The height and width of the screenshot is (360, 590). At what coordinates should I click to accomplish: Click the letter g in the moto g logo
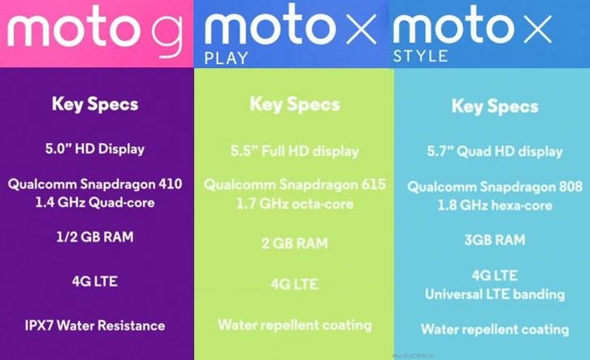pos(167,36)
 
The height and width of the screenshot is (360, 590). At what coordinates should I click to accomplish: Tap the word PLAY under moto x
pos(226,59)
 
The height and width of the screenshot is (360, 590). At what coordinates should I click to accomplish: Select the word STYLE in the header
pos(420,56)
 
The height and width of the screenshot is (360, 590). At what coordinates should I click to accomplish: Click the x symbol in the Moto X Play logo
pos(361,28)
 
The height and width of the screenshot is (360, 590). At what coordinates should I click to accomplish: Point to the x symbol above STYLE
pos(538,28)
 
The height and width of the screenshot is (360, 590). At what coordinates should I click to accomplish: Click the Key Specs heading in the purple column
pos(95,104)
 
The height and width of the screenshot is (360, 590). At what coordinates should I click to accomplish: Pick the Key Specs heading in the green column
pos(295,104)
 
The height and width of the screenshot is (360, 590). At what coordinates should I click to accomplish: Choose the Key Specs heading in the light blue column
pos(495,106)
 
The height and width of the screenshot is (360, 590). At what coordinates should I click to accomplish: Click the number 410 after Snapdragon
pos(170,184)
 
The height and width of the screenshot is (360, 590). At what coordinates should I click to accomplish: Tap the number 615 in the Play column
pos(373,184)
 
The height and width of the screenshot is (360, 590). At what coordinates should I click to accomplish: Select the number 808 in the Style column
pos(570,187)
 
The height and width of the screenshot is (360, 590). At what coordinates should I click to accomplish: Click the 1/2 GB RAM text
pos(95,237)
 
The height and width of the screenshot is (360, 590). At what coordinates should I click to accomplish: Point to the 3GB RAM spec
pos(495,240)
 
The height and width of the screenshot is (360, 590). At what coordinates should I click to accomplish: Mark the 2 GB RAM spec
pos(295,243)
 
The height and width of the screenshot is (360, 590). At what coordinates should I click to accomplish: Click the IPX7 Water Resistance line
pos(95,325)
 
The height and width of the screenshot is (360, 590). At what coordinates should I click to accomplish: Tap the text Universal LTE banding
pos(495,294)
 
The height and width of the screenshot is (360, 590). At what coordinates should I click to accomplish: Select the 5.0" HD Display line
pos(95,149)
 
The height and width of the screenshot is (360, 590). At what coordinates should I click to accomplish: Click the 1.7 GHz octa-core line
pos(295,204)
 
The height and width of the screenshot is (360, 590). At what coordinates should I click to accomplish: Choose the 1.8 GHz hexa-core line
pos(495,206)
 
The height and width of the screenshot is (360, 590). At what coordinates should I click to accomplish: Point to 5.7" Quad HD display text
pos(495,151)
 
